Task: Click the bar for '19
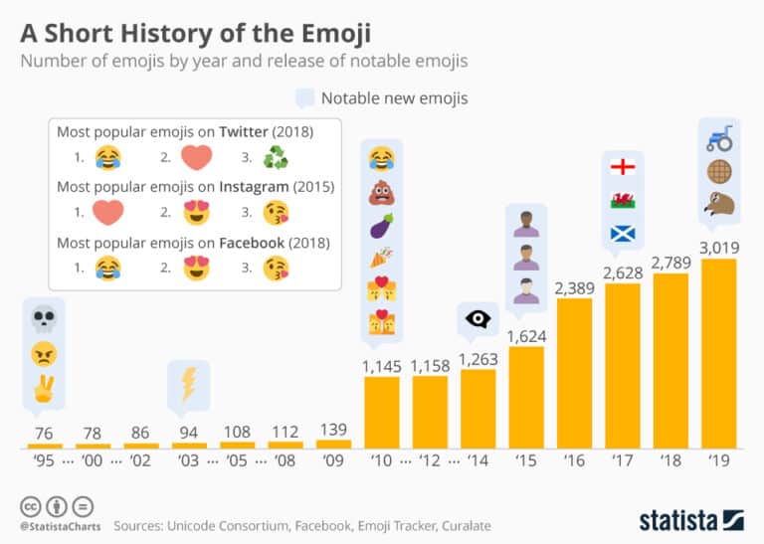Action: coord(718,353)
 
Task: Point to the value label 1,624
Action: coord(526,335)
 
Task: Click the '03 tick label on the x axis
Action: coord(189,461)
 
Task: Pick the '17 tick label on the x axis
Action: coord(622,461)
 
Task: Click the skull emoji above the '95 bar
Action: coord(44,320)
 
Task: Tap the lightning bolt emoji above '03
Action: coord(188,384)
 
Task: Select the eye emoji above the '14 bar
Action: coord(478,320)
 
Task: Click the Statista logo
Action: coord(690,520)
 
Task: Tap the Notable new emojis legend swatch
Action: coord(305,98)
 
